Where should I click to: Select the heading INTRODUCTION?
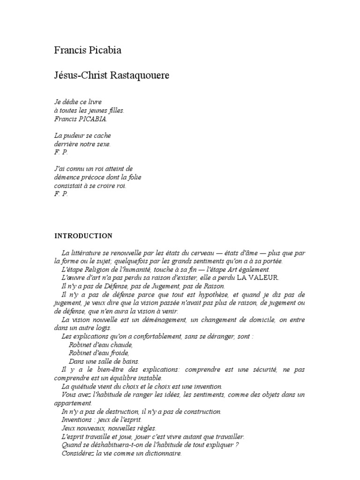point(83,235)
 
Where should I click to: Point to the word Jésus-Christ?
point(81,75)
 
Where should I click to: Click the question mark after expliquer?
point(237,445)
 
